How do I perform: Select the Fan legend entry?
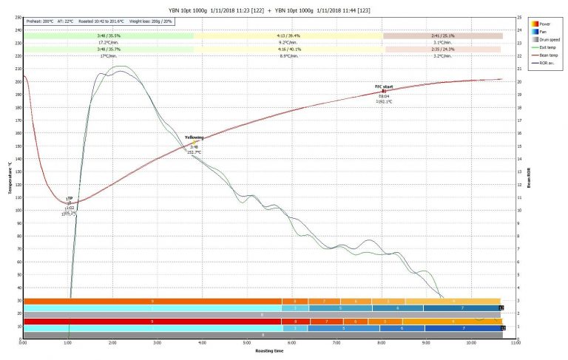(544, 31)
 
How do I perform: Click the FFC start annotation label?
(384, 86)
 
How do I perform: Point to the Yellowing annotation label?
(195, 137)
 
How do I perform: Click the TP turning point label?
(70, 199)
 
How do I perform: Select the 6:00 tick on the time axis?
(292, 343)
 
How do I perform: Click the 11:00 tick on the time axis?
(515, 343)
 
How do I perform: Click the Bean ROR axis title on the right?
(530, 177)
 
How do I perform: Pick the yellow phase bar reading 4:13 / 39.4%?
(288, 35)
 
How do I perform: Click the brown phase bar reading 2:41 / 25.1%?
(442, 35)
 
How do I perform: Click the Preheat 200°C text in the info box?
(39, 21)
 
